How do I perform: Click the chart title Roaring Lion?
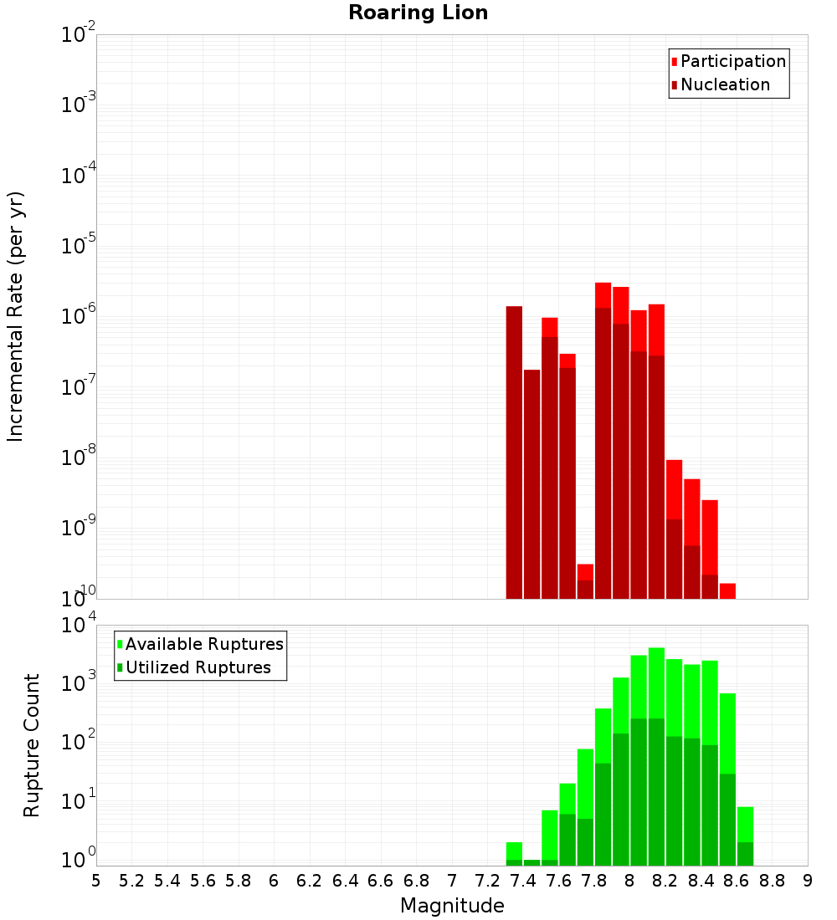418,13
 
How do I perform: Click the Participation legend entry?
733,61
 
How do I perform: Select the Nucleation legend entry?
725,84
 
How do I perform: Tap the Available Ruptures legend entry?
204,644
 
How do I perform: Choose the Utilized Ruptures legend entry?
198,667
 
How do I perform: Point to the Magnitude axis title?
452,906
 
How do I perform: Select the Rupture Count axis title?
32,744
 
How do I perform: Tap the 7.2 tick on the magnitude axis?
487,880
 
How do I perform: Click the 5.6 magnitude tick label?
203,880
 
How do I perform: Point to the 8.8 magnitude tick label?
772,880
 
